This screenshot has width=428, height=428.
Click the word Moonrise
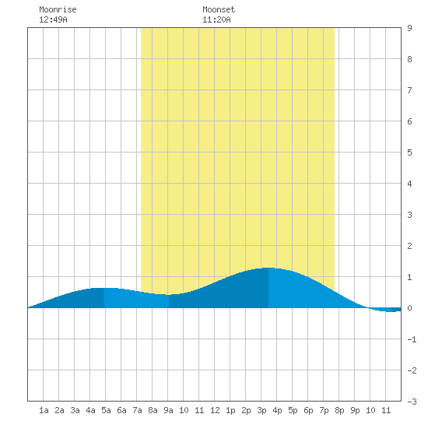pos(58,9)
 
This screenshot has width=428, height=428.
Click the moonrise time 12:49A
pos(53,19)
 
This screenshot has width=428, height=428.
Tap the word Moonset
pos(219,9)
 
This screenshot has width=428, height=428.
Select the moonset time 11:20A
pos(217,19)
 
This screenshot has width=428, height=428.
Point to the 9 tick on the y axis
pos(409,28)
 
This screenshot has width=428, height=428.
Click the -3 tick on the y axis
pos(412,402)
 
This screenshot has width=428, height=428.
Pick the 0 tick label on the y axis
pos(409,308)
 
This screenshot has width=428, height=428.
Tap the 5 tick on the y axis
pos(409,153)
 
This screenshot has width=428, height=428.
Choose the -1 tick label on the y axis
pos(412,339)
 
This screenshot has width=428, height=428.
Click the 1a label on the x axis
pos(44,410)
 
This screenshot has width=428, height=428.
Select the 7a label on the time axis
pos(137,410)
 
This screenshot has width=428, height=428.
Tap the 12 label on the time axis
pos(215,410)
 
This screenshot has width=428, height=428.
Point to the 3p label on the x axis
pos(261,410)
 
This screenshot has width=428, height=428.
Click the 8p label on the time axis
pos(339,410)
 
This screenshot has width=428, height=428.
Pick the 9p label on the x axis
pos(355,410)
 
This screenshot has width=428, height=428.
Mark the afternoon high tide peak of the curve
pos(268,268)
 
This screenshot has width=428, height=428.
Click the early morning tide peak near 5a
pos(104,288)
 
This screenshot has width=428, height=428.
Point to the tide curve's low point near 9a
pos(169,295)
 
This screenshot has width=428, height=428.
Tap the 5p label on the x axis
pos(293,410)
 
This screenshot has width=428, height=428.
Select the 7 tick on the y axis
pos(409,90)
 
